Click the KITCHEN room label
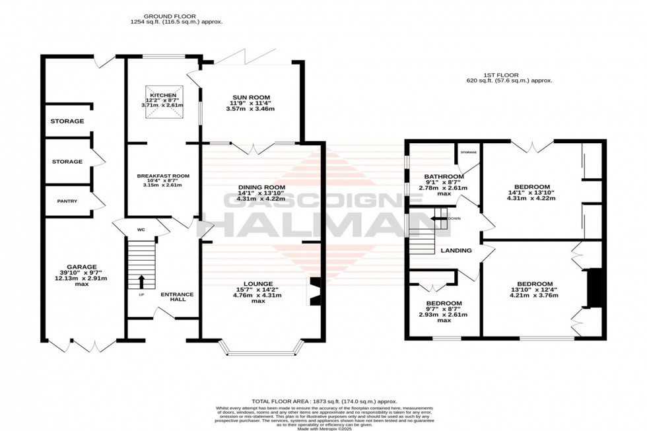[162, 95]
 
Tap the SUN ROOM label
[250, 96]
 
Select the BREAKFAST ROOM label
[163, 176]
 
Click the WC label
[141, 230]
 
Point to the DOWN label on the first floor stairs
[454, 218]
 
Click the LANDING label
[456, 251]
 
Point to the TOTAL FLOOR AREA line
[323, 401]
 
